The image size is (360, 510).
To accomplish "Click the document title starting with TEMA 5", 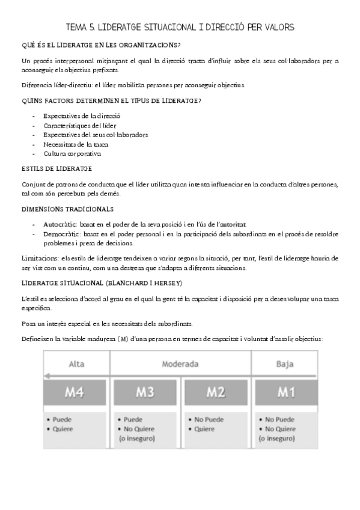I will (x=180, y=27).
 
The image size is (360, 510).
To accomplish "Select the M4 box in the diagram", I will (x=76, y=393).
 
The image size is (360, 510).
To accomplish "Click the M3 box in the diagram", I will (x=145, y=393).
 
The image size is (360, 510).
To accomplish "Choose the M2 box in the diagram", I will (x=216, y=393).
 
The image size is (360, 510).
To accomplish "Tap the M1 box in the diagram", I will (x=285, y=393).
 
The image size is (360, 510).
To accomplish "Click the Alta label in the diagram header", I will (x=76, y=363).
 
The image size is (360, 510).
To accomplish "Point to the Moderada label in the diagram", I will (x=180, y=363).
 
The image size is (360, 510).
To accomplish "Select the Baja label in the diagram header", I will (x=285, y=363).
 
